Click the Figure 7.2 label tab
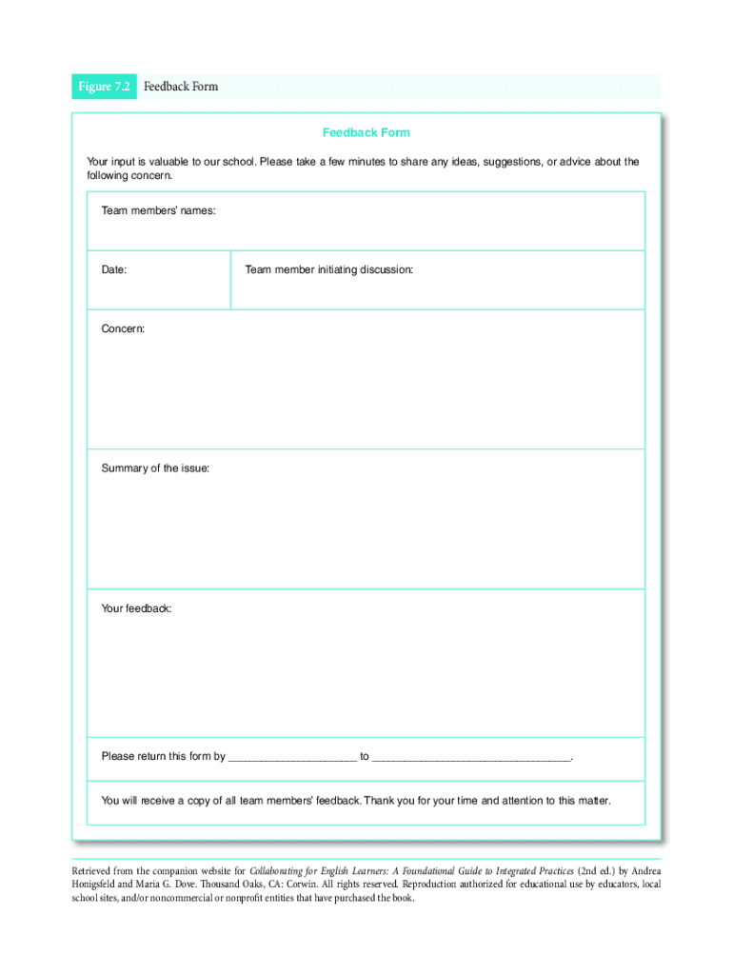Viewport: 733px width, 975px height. [105, 87]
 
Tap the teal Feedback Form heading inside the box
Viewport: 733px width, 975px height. [366, 132]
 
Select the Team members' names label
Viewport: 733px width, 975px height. [158, 209]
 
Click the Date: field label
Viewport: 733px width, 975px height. [114, 270]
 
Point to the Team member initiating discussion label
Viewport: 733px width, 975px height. [328, 270]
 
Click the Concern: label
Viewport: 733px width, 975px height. [124, 328]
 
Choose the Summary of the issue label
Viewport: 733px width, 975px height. [155, 468]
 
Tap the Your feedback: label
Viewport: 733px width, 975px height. [137, 607]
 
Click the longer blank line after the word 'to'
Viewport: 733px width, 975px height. [471, 759]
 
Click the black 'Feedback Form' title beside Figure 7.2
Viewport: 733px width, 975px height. [181, 87]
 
